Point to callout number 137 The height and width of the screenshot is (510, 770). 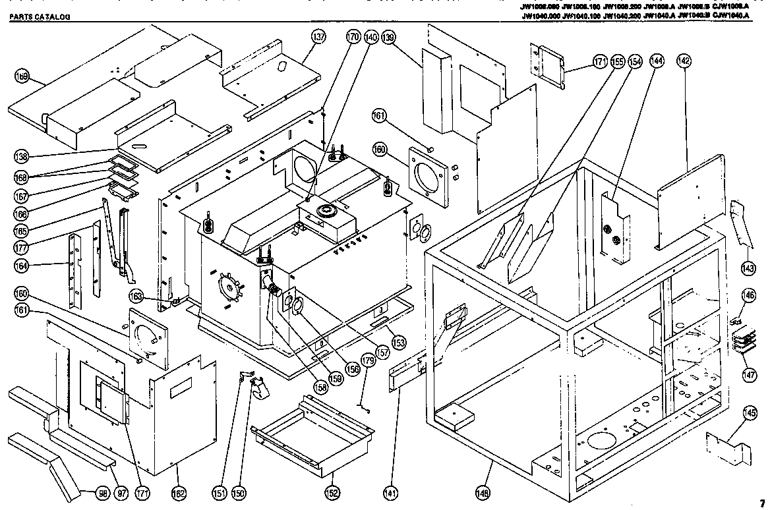(x=318, y=38)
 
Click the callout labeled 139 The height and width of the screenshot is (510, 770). (x=388, y=38)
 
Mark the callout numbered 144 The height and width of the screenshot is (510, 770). (x=656, y=61)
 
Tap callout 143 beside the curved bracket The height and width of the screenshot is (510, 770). (x=748, y=268)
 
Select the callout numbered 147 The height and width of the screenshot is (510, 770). (x=749, y=374)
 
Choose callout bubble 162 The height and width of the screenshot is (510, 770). (x=179, y=491)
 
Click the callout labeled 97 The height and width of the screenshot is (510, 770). (x=121, y=491)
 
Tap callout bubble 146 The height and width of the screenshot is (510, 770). (x=749, y=296)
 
